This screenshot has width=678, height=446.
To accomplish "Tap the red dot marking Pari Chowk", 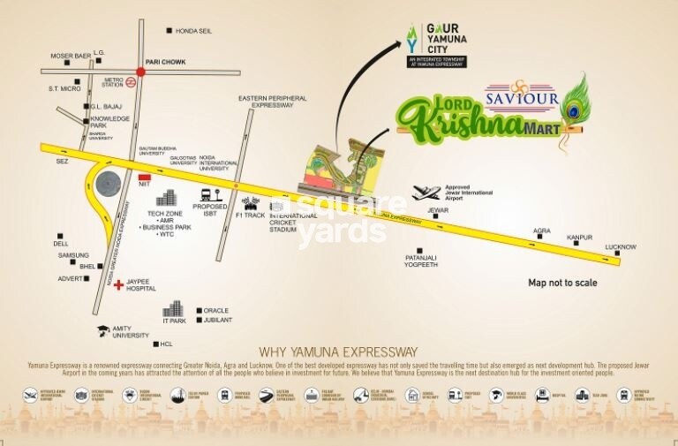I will [x=140, y=72].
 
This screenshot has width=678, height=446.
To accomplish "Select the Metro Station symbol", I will [x=129, y=82].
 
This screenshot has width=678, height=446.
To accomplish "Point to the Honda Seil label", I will [x=194, y=31].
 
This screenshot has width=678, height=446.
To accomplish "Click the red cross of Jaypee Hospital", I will [x=117, y=284].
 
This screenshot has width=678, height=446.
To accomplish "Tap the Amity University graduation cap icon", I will [x=102, y=329].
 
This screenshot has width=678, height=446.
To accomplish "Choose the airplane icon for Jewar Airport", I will [x=428, y=193].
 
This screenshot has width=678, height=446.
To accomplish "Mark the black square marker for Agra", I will [x=543, y=239].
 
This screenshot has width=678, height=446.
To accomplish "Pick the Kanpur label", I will [x=579, y=238].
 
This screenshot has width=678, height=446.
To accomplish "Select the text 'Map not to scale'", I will [x=562, y=283].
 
